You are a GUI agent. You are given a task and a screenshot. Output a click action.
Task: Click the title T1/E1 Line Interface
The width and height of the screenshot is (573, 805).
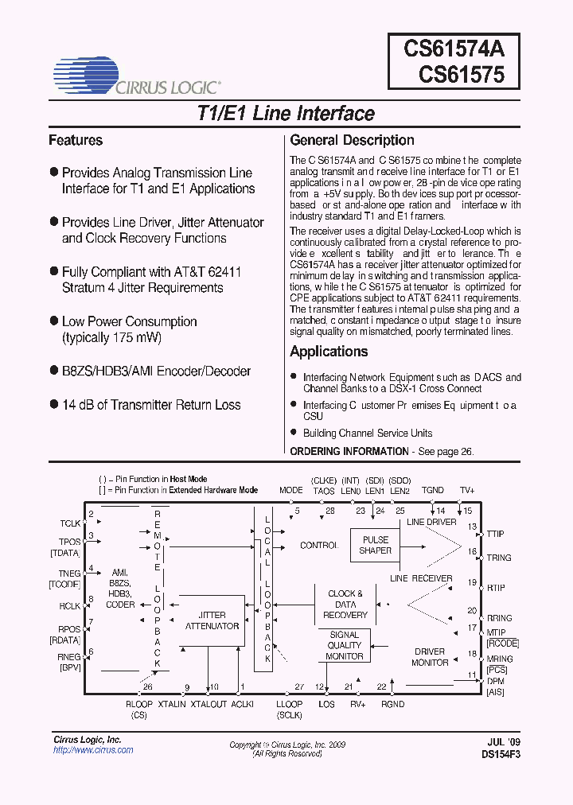coord(286,114)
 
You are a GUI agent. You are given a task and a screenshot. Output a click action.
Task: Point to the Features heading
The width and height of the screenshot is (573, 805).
coord(76,141)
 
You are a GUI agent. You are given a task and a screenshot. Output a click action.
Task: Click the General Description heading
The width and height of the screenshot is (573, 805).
coord(352,141)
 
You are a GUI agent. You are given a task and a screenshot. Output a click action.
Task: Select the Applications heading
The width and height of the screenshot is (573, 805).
coord(329,352)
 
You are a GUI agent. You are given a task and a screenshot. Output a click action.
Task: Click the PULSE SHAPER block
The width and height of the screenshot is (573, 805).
coord(375,545)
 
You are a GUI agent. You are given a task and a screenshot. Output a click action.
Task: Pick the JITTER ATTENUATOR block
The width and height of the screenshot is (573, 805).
coord(212,620)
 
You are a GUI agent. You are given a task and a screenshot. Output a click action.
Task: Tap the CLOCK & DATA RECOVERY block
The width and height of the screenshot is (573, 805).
coord(345,604)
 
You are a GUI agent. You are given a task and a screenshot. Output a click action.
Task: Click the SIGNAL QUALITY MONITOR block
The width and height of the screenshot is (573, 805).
coord(345,645)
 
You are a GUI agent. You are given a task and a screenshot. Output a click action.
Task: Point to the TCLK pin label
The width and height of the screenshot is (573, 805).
coord(70,524)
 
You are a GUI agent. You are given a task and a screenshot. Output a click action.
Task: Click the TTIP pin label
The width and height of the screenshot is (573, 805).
coord(500,535)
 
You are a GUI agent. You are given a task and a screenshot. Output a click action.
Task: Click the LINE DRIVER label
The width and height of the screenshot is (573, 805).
coord(431,523)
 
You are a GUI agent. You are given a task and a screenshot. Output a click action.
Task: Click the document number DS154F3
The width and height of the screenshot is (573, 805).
coord(500,753)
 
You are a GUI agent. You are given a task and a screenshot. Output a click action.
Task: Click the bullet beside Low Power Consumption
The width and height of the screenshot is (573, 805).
coord(54,321)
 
